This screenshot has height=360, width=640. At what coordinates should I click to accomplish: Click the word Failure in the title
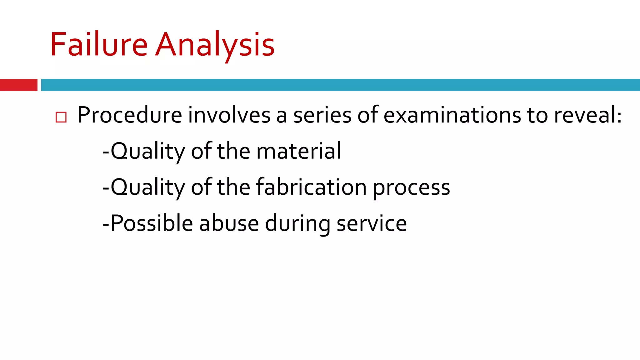coord(99,45)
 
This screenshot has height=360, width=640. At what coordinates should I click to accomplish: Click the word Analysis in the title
coord(215,45)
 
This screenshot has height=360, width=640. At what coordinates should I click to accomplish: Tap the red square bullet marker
coord(61,117)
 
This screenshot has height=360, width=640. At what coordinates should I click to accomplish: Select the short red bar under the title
coord(18,85)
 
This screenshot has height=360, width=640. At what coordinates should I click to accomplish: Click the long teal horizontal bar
coord(340,85)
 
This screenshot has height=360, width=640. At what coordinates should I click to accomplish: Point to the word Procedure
coord(130,115)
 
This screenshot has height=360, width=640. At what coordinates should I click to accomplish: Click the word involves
coord(229,115)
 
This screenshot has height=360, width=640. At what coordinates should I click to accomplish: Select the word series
coord(322,115)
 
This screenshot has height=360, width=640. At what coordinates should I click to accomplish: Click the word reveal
coord(584,115)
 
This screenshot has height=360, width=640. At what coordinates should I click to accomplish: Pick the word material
coord(299,151)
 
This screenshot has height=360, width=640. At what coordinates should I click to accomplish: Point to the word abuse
coord(229,223)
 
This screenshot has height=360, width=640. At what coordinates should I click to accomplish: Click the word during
coord(298,223)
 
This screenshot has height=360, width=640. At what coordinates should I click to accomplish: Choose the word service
coord(372,223)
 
